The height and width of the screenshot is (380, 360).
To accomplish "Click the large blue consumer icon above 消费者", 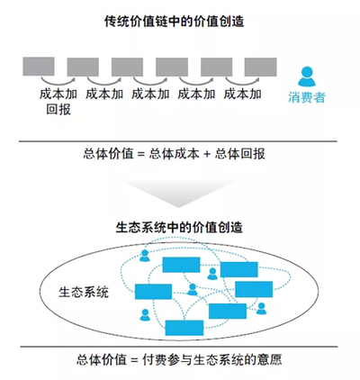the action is tap(307, 77).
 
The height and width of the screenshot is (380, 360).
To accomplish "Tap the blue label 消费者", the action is tap(307, 97).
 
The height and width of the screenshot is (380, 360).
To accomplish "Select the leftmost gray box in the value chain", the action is tap(39, 67).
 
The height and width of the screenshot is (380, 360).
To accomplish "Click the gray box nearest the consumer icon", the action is tap(260, 67).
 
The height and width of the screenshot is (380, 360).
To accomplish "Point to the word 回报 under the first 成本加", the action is tap(58, 109).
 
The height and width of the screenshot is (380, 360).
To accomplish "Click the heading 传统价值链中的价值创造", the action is tap(174, 22).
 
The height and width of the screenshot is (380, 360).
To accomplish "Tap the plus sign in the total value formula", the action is tap(207, 154).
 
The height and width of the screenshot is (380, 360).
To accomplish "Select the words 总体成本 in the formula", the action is tap(174, 154).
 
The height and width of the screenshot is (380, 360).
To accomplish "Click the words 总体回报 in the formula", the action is tap(239, 154).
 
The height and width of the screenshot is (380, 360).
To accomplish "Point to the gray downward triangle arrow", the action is tap(179, 192).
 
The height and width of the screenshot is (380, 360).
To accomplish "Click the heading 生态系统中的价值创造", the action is tap(179, 227).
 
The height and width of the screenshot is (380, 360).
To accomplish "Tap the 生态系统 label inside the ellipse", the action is tap(84, 292).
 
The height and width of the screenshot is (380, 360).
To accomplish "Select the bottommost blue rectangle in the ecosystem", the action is tap(184, 328).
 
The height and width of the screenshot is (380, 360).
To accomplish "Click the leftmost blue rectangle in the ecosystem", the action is tap(153, 292).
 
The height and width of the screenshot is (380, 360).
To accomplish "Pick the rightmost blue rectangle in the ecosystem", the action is tap(254, 289).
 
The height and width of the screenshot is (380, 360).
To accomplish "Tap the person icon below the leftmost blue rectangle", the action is tap(145, 315).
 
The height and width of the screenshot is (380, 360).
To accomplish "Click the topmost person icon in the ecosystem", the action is tap(145, 256).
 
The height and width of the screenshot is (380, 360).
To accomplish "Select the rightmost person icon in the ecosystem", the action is tap(261, 308).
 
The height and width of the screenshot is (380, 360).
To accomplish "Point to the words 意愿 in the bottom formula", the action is tap(269, 359).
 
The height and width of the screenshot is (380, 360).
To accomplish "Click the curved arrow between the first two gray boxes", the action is tap(58, 82).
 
